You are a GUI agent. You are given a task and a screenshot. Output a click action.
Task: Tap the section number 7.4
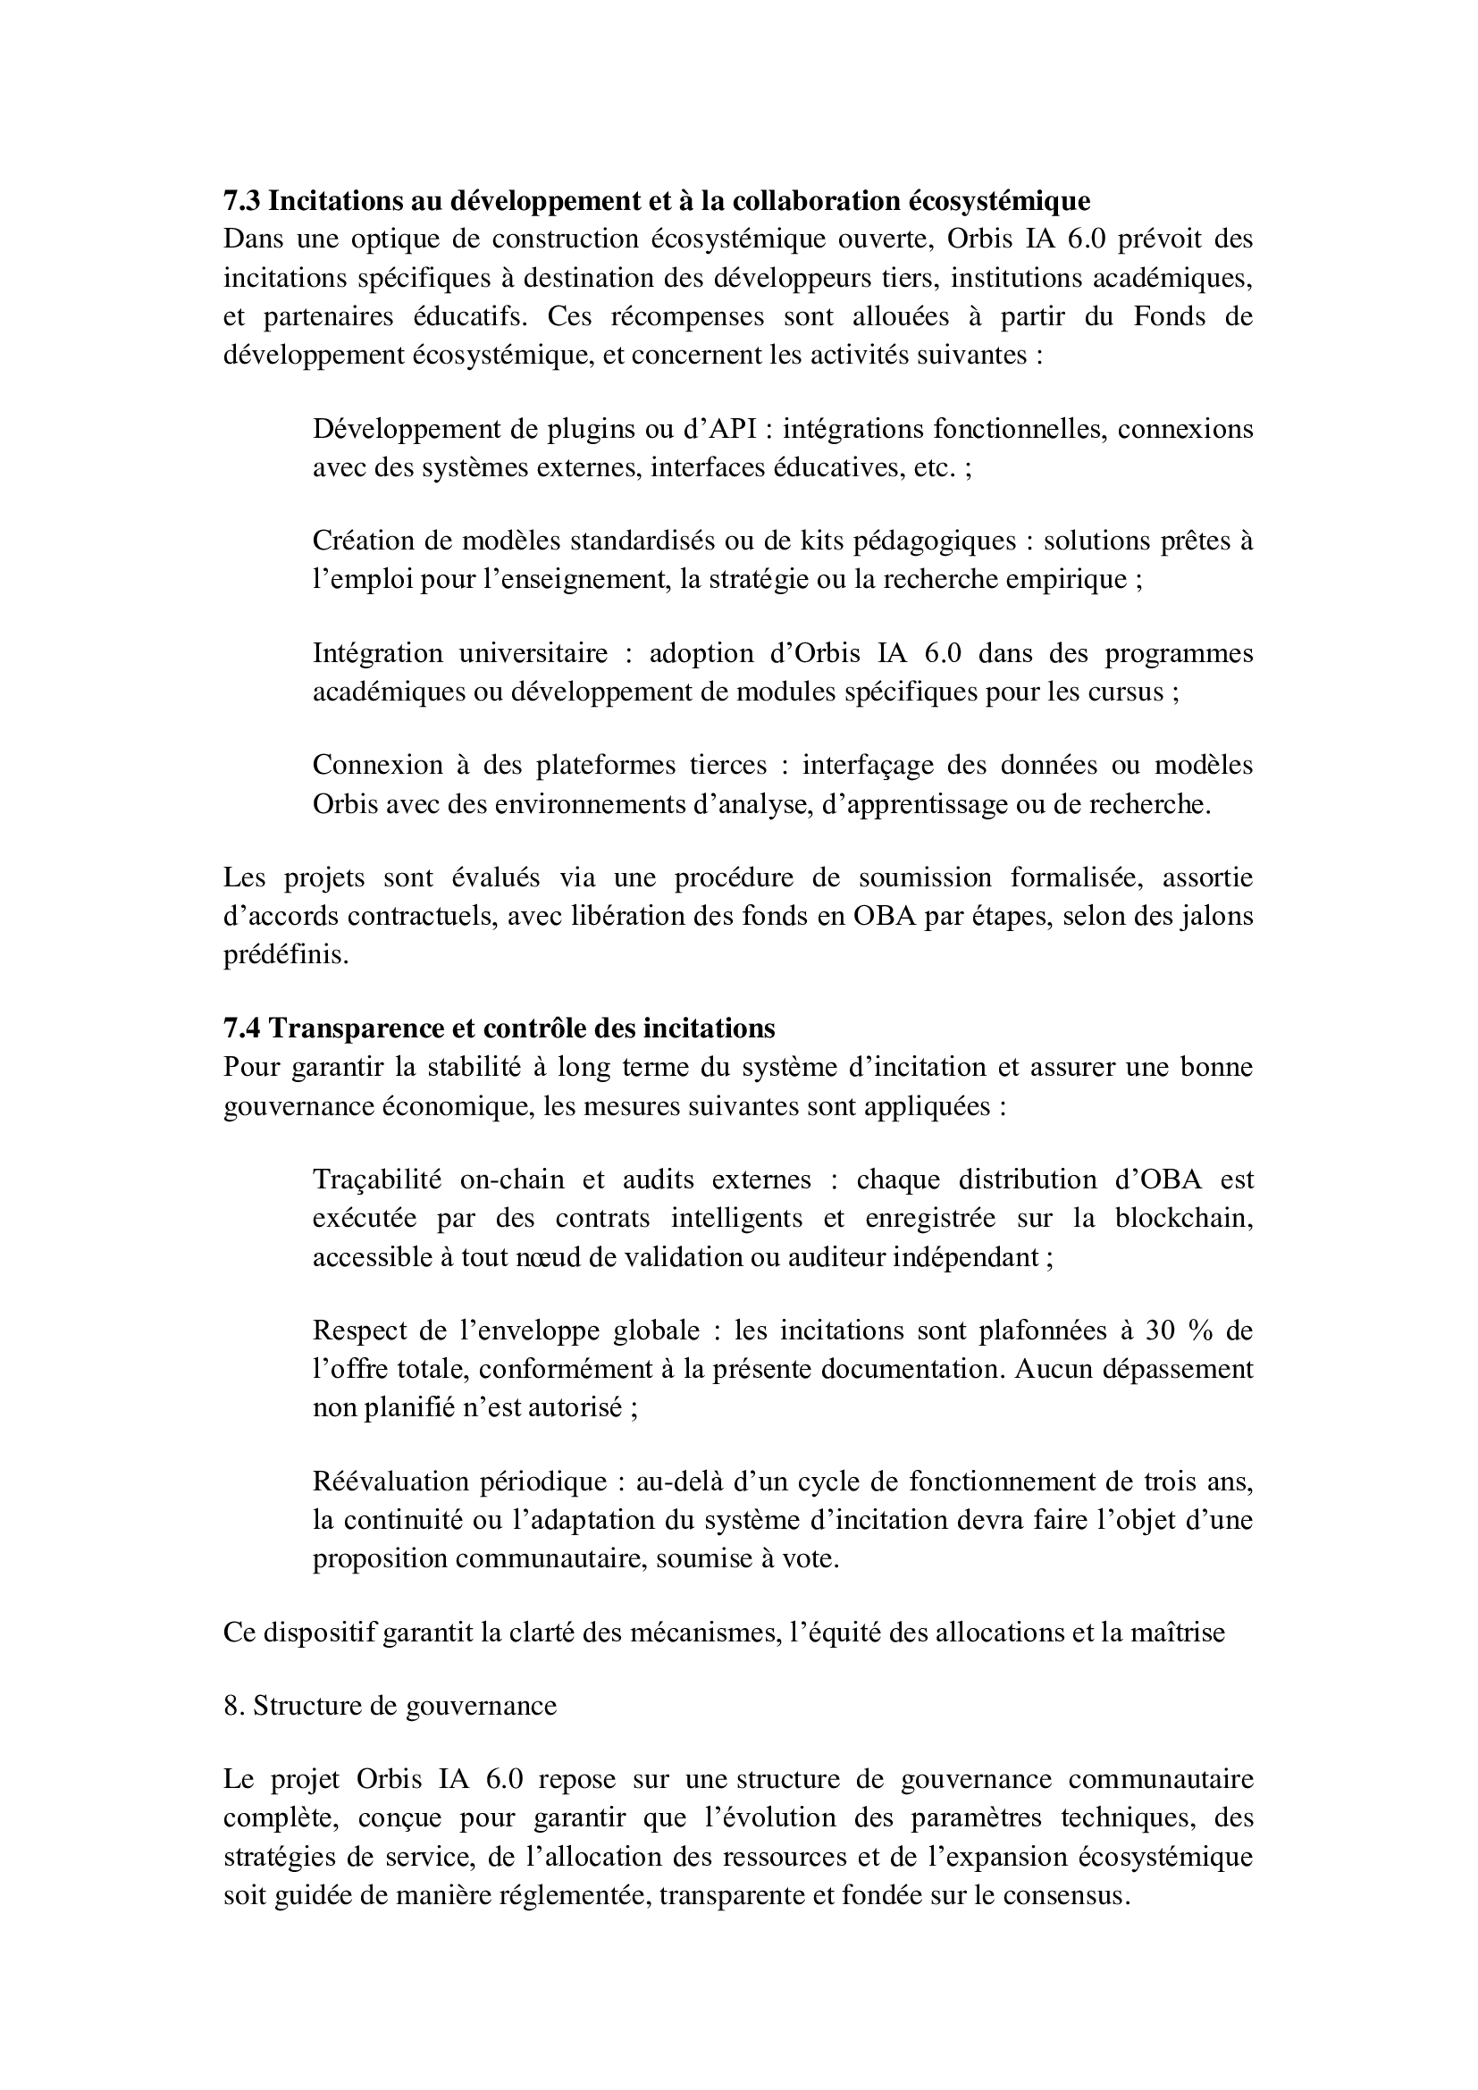242,1028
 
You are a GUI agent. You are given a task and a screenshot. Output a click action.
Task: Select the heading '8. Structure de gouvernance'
390,1705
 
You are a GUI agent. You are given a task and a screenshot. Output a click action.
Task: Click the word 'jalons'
1216,916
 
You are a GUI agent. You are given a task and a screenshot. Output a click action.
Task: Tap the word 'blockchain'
1183,1218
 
